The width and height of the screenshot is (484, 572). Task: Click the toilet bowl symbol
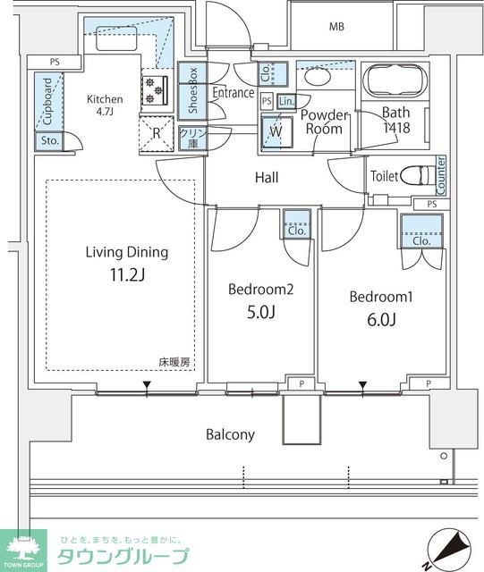(x=416, y=176)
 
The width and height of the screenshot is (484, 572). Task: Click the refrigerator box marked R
(x=157, y=134)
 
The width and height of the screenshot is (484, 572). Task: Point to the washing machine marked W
(x=276, y=132)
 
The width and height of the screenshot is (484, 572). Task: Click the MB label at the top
(x=336, y=27)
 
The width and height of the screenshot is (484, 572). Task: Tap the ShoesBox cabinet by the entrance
(x=192, y=91)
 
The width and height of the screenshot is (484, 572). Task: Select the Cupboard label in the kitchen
(x=47, y=101)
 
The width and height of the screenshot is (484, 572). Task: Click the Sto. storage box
(x=49, y=141)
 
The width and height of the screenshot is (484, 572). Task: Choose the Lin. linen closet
(x=286, y=101)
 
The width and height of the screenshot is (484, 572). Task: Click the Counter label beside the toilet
(x=441, y=176)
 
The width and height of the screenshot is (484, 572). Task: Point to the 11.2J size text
(x=127, y=274)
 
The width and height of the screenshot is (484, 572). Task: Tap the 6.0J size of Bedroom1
(x=381, y=320)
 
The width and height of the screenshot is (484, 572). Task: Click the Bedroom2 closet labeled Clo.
(x=297, y=224)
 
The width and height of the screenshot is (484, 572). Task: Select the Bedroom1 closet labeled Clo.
(x=421, y=231)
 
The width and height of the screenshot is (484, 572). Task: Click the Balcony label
(x=230, y=434)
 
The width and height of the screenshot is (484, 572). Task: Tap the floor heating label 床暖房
(x=174, y=363)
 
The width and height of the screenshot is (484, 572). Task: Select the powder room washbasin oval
(x=318, y=77)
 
